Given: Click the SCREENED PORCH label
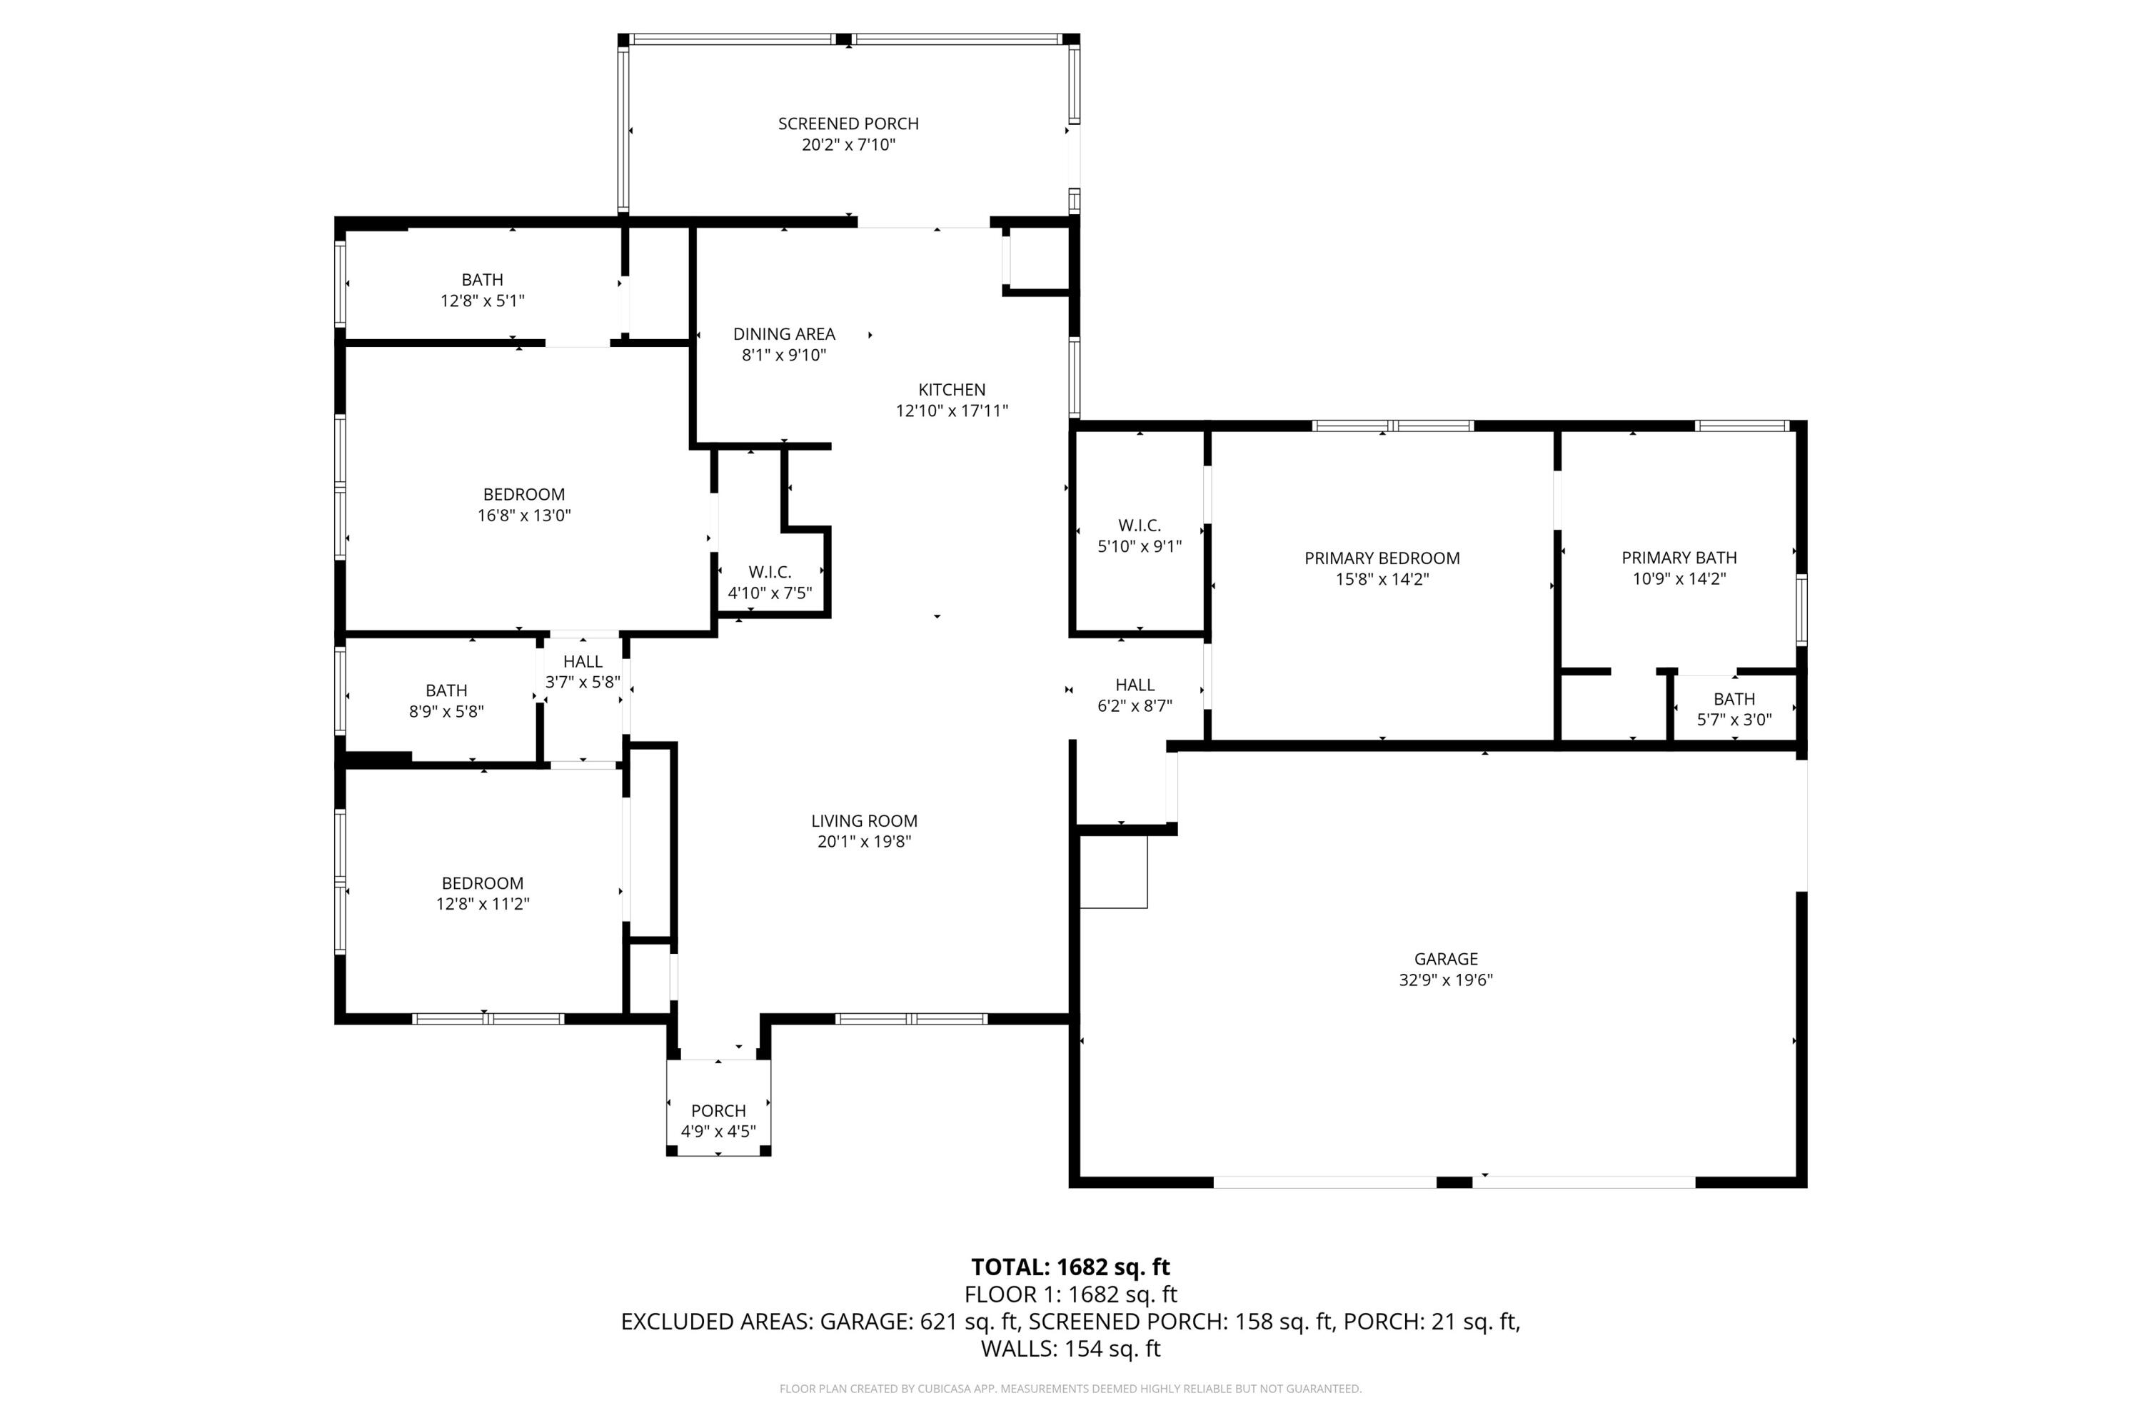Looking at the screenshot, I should click(x=848, y=124).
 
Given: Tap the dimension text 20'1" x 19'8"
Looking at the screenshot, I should click(x=863, y=842).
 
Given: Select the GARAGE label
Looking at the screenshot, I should click(x=1445, y=959).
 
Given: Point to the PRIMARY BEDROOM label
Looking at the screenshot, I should click(x=1382, y=558).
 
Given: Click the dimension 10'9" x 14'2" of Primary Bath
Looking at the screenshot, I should click(x=1679, y=578).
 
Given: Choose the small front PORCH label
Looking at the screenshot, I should click(x=718, y=1110).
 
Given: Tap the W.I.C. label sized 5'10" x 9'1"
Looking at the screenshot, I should click(x=1140, y=526).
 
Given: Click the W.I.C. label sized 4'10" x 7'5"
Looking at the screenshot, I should click(x=770, y=572).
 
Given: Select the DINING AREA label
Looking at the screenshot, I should click(x=783, y=334).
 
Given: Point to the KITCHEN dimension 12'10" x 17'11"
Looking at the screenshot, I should click(x=952, y=411).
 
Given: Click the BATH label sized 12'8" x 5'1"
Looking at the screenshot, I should click(x=482, y=280).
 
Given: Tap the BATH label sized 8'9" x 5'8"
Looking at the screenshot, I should click(x=446, y=690).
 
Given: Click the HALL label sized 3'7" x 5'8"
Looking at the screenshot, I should click(x=582, y=661).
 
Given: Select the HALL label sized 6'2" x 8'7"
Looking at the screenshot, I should click(x=1135, y=685).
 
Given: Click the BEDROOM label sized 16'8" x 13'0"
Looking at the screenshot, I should click(x=523, y=495).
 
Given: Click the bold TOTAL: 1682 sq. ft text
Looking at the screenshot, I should click(x=1070, y=1267).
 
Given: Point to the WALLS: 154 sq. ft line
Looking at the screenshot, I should click(x=1070, y=1349).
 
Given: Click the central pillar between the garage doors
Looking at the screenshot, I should click(x=1454, y=1182).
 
